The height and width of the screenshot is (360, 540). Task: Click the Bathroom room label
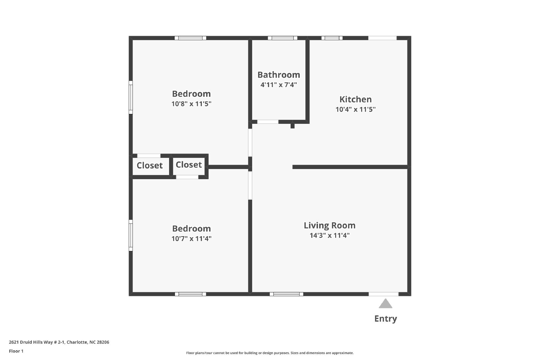click(x=279, y=75)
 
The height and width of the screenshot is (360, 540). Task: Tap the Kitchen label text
click(x=356, y=99)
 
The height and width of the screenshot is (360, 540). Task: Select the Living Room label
click(x=329, y=225)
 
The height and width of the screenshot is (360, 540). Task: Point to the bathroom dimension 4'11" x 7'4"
click(x=279, y=85)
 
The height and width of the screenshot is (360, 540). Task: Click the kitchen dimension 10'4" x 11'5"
click(x=356, y=109)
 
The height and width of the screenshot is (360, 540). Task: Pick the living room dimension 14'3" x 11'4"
click(x=329, y=236)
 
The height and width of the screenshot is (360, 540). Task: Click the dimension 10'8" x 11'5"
click(x=191, y=104)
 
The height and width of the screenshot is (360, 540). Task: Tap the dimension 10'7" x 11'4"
click(x=191, y=239)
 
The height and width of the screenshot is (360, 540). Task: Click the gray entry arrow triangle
click(x=385, y=304)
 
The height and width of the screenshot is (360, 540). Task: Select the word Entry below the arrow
click(x=385, y=319)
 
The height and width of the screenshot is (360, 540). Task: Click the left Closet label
click(x=150, y=166)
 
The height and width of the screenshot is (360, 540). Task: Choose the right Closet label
click(x=189, y=165)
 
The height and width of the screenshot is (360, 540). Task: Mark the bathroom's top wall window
click(x=282, y=38)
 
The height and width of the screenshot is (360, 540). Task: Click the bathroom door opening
click(x=268, y=122)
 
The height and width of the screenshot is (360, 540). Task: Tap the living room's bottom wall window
click(x=287, y=294)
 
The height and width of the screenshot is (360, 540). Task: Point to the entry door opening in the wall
click(x=383, y=294)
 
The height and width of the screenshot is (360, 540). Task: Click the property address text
click(x=59, y=342)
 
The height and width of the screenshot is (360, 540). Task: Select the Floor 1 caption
click(x=16, y=351)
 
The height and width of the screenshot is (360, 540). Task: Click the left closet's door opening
click(x=149, y=156)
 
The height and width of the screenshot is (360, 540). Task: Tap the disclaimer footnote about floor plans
click(x=270, y=353)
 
